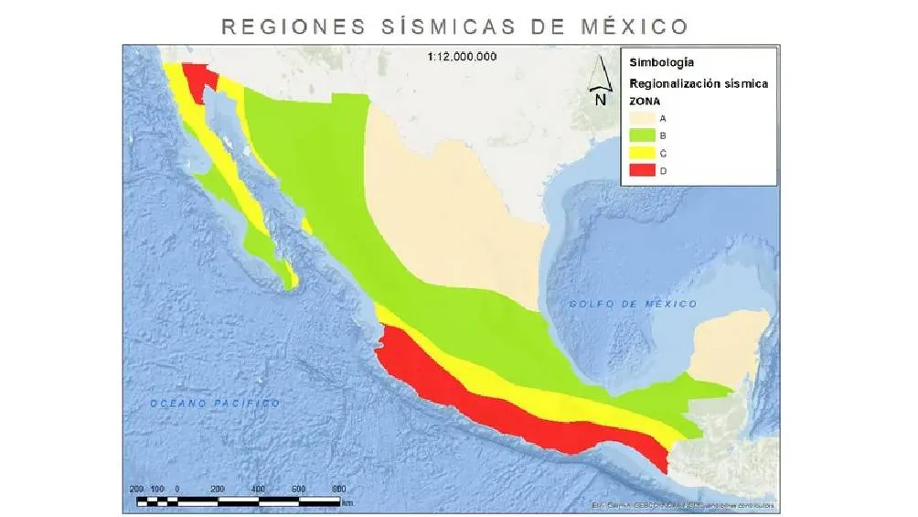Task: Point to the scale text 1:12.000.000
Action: (x=462, y=57)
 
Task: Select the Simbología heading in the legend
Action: (x=661, y=63)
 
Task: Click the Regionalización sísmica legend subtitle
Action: (x=698, y=83)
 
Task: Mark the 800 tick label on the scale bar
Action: (x=337, y=489)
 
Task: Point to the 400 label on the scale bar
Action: (x=258, y=489)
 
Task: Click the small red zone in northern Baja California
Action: (x=198, y=81)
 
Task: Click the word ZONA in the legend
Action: (x=646, y=101)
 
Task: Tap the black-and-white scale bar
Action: (x=238, y=501)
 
